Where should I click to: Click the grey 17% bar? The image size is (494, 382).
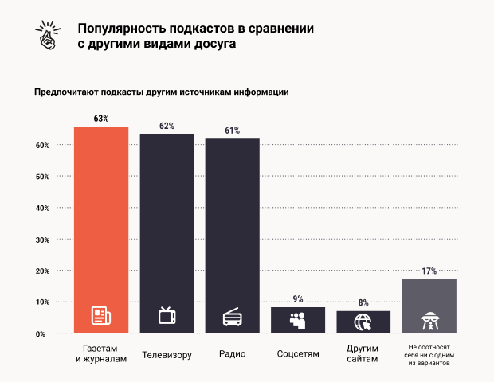(x=429, y=306)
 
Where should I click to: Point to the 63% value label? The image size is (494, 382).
(x=101, y=119)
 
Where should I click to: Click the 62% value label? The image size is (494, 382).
(x=167, y=126)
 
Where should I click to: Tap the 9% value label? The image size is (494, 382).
(x=298, y=299)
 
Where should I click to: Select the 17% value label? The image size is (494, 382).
(x=429, y=271)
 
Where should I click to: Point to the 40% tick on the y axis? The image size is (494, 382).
(x=43, y=208)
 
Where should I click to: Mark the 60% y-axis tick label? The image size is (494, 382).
(x=43, y=146)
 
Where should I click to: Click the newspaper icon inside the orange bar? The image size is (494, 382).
(x=101, y=317)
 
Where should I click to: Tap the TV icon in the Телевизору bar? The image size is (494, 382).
(x=167, y=315)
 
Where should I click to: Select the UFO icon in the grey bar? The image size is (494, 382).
(x=429, y=320)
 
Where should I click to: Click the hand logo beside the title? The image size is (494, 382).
(x=49, y=31)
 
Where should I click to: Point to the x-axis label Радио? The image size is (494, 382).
(x=233, y=353)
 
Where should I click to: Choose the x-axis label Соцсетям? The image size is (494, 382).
(x=298, y=353)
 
